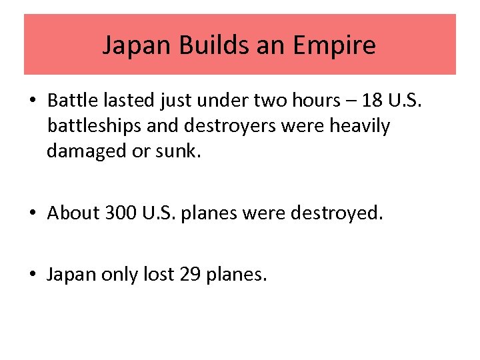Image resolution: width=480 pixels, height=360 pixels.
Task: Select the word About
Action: point(73,213)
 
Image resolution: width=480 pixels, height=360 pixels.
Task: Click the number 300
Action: point(121,213)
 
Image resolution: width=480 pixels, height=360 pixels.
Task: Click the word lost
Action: point(159,274)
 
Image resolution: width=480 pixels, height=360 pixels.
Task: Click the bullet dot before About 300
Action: point(33,213)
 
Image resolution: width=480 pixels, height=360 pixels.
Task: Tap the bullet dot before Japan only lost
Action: point(33,275)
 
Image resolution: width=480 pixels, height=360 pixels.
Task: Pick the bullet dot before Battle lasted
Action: point(33,101)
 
